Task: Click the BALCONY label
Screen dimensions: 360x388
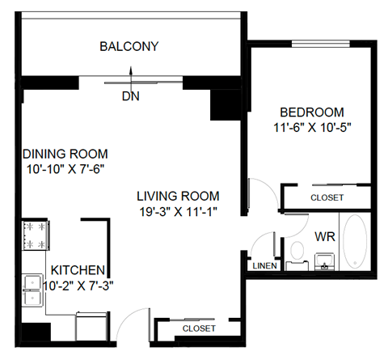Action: tap(129, 46)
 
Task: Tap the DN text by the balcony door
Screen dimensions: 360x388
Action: tap(131, 95)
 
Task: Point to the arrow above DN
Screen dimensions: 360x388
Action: tap(131, 79)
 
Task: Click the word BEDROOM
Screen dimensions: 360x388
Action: tap(311, 112)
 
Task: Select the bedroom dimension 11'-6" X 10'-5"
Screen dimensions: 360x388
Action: tap(311, 127)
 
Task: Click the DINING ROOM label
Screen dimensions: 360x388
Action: tap(65, 154)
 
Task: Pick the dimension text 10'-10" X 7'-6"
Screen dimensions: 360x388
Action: tap(65, 169)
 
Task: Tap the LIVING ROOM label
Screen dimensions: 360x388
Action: tap(178, 196)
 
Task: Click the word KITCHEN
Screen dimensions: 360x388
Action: tap(78, 269)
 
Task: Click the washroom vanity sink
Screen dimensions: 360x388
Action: tap(325, 260)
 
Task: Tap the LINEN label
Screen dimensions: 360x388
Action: tap(264, 265)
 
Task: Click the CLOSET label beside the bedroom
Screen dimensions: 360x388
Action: tap(327, 197)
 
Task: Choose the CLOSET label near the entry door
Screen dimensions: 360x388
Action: tap(198, 328)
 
